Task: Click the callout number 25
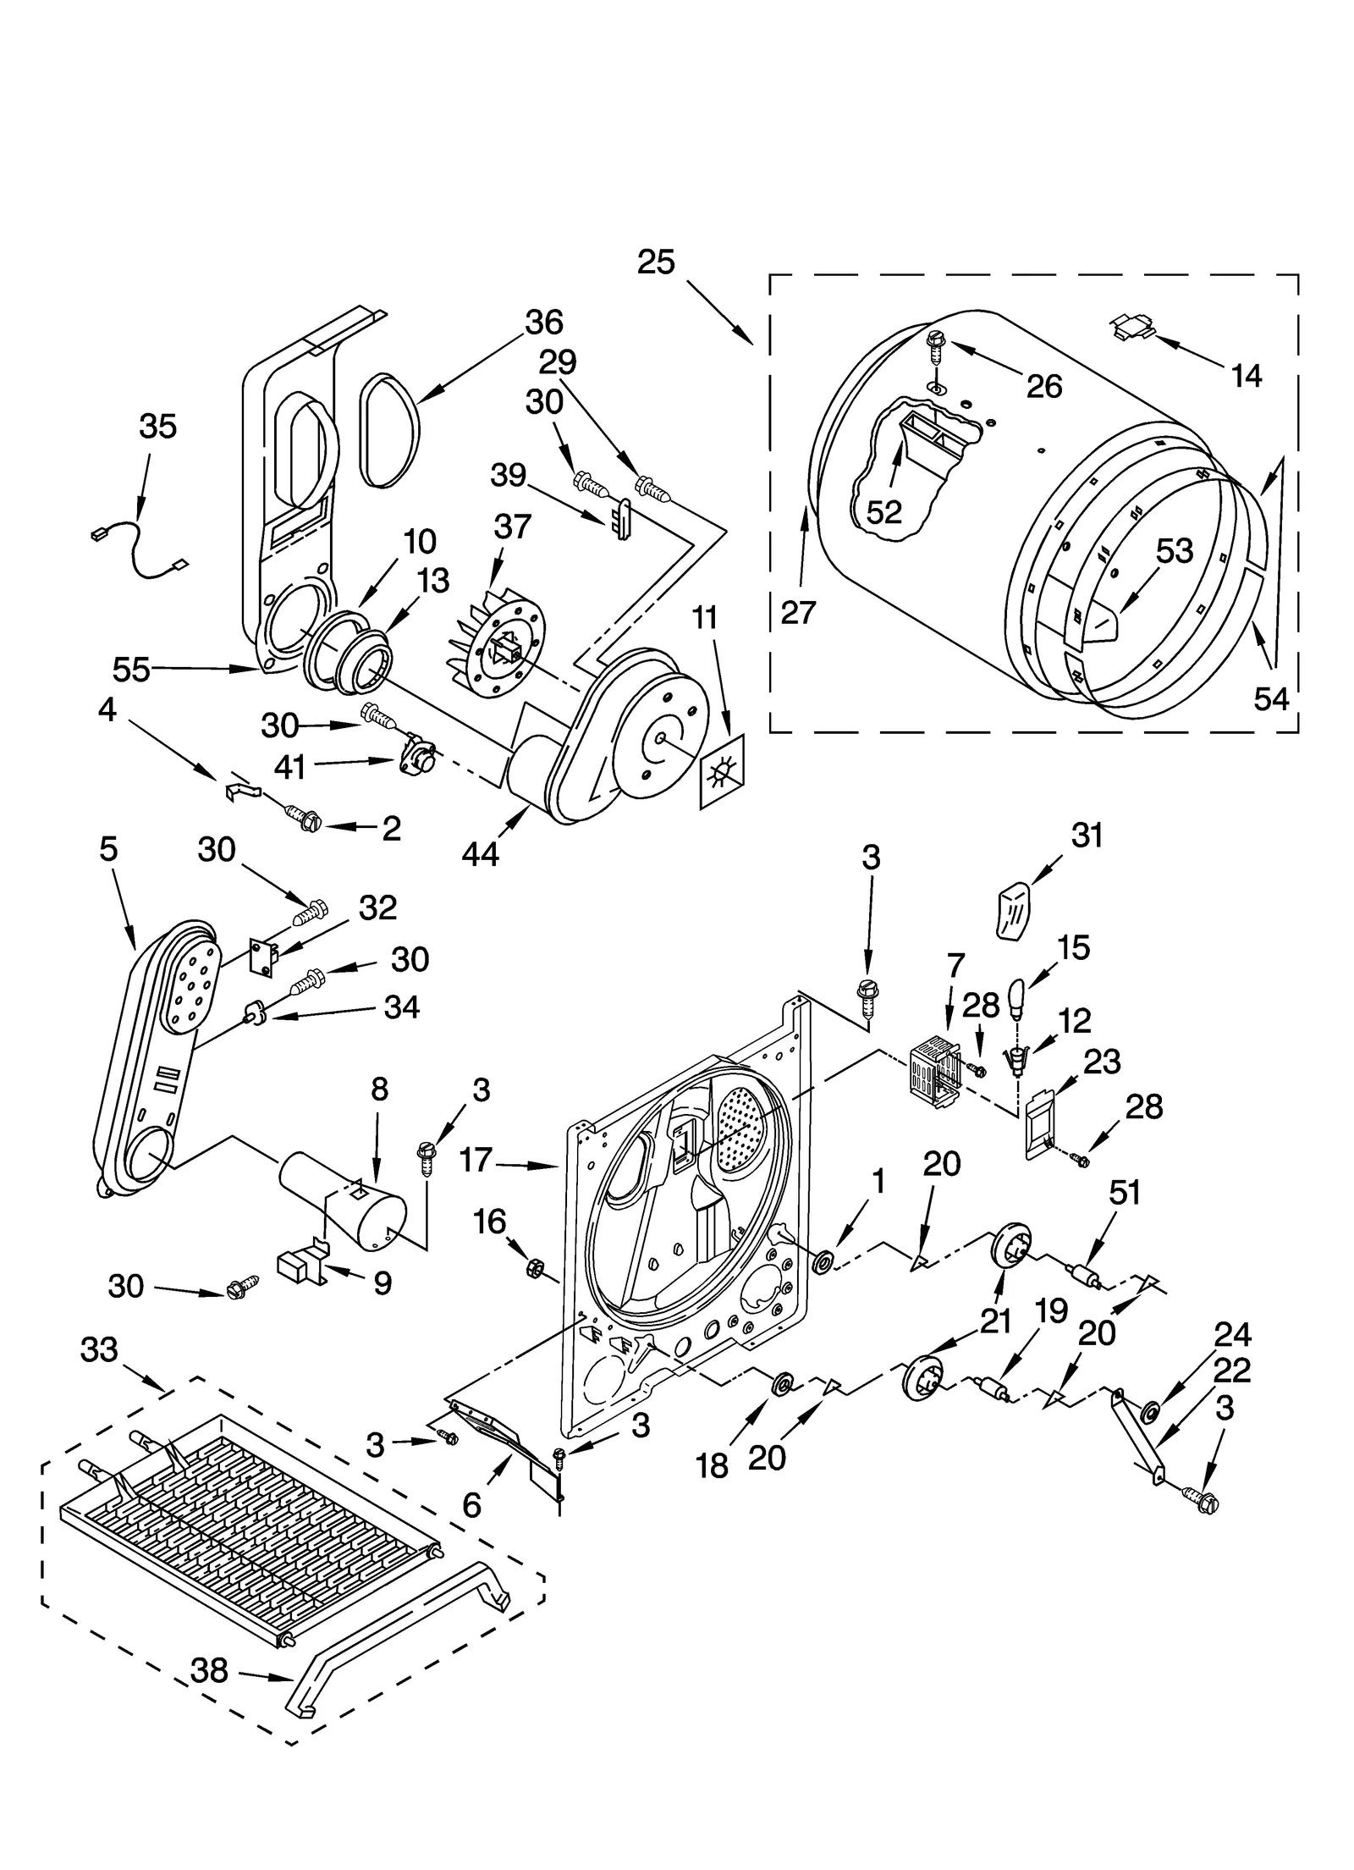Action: pyautogui.click(x=656, y=262)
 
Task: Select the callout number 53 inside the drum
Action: pyautogui.click(x=1174, y=551)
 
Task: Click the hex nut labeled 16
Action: pyautogui.click(x=535, y=1267)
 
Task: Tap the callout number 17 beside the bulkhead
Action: pyautogui.click(x=476, y=1159)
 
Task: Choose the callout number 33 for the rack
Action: pyautogui.click(x=99, y=1349)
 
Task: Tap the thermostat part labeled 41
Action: pyautogui.click(x=416, y=758)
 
